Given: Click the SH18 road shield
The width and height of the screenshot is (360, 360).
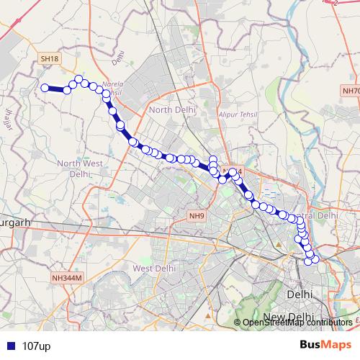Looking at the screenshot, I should point(49,58).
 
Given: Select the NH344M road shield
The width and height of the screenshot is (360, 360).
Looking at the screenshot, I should point(68,277).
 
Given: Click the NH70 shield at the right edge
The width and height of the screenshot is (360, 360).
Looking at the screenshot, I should point(351,91).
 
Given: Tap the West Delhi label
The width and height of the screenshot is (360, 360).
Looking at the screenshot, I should point(155,268).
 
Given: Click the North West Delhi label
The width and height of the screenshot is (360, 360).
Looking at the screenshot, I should point(80,168).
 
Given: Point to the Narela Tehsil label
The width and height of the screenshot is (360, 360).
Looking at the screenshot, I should point(113,87).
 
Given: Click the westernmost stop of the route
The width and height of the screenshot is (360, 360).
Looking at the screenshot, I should point(45,88).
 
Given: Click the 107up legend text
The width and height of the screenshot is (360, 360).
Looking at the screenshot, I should point(36,346).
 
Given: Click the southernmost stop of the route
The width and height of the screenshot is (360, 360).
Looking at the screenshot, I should point(309,261).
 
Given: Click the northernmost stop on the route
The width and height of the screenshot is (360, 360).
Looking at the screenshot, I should point(79,79).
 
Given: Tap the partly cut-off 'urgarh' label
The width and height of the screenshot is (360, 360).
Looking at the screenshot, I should point(14,223).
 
